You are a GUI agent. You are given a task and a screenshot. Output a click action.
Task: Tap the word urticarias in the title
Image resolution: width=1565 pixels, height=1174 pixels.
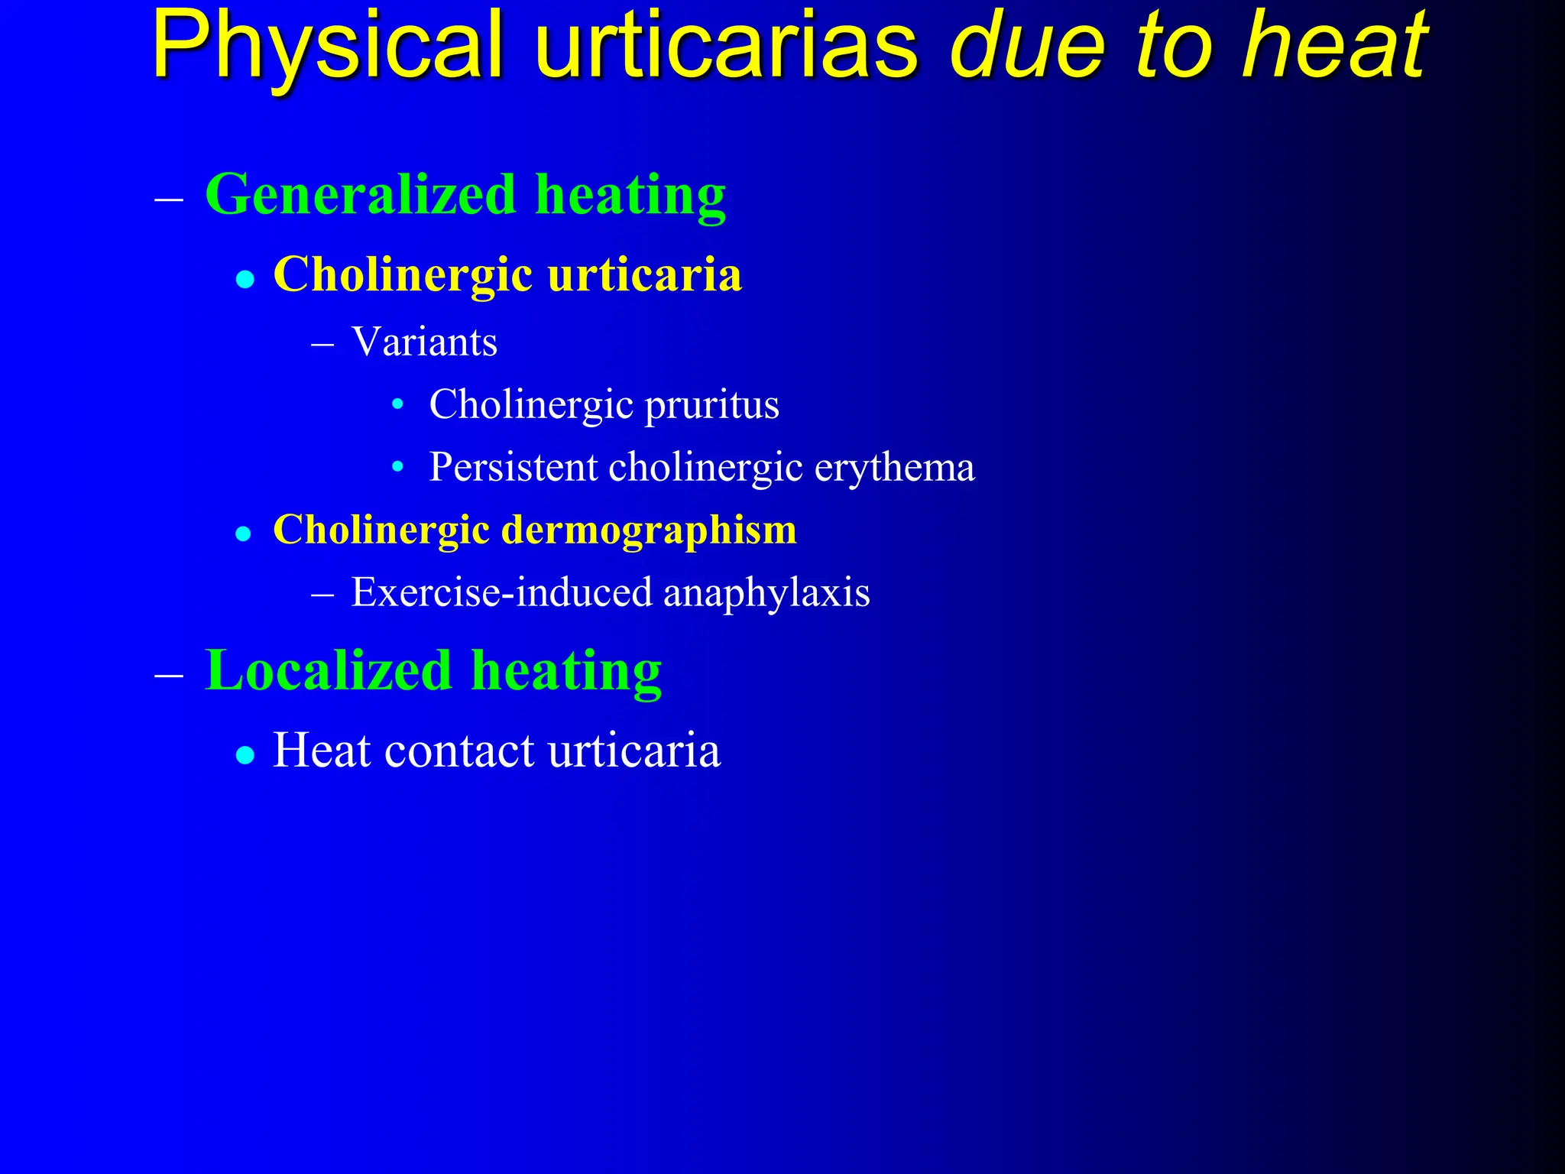pos(725,47)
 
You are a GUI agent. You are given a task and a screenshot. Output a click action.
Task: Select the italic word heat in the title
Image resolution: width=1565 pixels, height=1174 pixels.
pos(1333,47)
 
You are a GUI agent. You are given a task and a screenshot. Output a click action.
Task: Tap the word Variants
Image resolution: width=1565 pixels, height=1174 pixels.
pos(424,342)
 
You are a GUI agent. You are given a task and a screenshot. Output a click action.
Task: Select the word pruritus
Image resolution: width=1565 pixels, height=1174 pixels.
pos(711,405)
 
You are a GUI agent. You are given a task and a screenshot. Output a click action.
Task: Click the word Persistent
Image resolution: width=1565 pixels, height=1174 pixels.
pos(514,467)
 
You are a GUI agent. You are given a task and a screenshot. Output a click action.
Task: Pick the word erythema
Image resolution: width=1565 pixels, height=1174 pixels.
pos(894,467)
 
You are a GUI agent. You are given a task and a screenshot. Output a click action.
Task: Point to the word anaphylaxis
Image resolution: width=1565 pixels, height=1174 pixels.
pos(766,592)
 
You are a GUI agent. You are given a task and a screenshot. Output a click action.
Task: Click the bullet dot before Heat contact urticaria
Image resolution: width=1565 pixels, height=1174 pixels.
pos(245,755)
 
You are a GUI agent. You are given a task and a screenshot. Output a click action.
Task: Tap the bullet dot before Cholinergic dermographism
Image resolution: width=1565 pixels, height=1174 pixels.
pos(244,533)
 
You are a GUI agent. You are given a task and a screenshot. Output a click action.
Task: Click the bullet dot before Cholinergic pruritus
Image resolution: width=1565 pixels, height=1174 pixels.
pos(397,404)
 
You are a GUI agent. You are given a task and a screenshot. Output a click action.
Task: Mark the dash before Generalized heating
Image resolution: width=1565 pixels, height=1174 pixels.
pos(169,199)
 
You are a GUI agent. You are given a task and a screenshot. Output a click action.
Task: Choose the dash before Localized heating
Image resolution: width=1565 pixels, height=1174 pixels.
pos(169,676)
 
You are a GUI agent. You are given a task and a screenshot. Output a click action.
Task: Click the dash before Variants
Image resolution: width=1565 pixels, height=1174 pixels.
pos(323,345)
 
